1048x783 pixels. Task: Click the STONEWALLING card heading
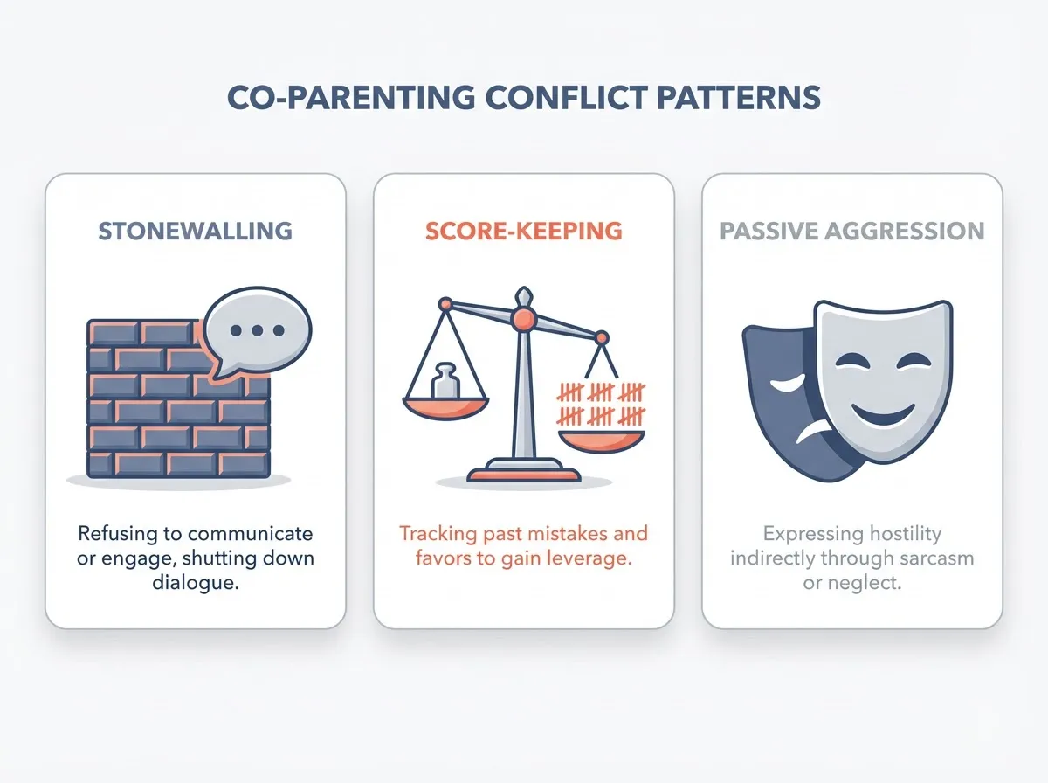click(x=196, y=232)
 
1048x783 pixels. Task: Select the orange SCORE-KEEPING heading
click(x=524, y=232)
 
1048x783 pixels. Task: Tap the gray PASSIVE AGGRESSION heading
click(x=851, y=232)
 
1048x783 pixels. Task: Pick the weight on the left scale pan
click(x=445, y=380)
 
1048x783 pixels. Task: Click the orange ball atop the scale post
click(x=522, y=321)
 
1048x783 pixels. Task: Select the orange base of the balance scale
click(x=522, y=475)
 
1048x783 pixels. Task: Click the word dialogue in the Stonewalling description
click(x=196, y=584)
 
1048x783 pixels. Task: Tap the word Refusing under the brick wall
click(x=114, y=533)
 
